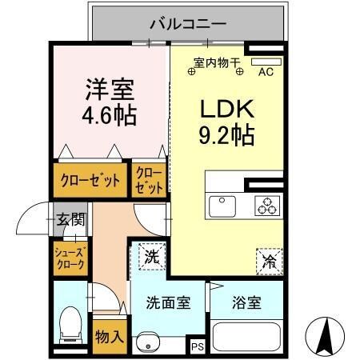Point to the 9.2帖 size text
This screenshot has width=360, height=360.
coord(226,136)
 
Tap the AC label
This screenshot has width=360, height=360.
coord(266,71)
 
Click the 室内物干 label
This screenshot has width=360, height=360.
coord(217,62)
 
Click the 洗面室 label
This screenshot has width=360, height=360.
coord(168,304)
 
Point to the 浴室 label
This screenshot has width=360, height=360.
coord(247,304)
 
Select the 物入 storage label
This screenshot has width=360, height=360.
coord(109,335)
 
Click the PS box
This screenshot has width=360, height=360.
coord(197,346)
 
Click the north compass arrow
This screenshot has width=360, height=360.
coord(326,336)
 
